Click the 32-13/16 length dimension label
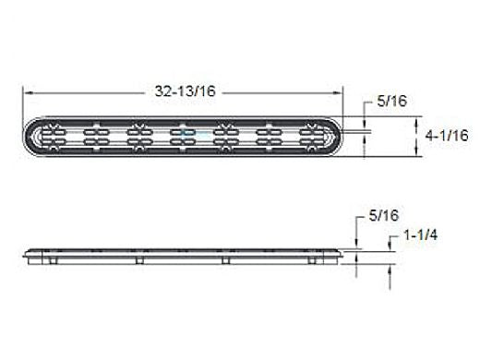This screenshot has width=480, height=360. pos(185,91)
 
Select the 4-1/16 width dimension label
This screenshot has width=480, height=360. pos(447,136)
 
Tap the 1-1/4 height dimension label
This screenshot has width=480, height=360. pos(420,235)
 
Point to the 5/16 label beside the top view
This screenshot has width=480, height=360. pos(392,101)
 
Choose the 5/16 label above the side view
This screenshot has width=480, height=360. pos(384,216)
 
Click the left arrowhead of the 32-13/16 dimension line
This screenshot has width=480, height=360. pos(28,93)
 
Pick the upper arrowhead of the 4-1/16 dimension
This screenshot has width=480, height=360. pos(417,121)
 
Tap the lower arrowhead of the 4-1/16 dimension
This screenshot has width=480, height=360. pos(417,152)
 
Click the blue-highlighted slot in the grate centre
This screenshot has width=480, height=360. pos(189,133)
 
